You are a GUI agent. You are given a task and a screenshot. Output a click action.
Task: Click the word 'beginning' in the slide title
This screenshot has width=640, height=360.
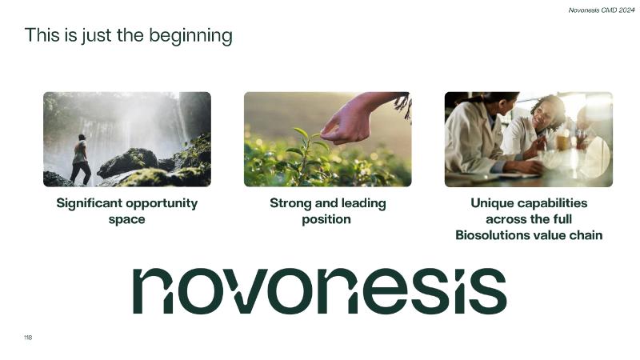[x=190, y=36]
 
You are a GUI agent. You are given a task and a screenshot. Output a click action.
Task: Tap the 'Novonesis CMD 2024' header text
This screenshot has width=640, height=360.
[x=602, y=10]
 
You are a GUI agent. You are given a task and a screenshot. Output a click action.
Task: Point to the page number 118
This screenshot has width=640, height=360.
[x=28, y=338]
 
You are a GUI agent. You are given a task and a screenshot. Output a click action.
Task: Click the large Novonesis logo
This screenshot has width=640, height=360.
[x=319, y=291]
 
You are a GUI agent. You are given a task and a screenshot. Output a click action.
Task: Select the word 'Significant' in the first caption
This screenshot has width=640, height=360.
[x=89, y=203]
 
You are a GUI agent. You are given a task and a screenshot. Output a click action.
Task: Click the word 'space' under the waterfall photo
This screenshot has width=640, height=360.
[x=126, y=219]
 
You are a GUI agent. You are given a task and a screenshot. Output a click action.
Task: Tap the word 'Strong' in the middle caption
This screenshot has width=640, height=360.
[x=290, y=203]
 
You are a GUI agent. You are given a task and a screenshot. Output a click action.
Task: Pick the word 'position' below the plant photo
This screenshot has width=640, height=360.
[x=326, y=219]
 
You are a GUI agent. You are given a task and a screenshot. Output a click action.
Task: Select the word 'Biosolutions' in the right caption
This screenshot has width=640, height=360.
[x=490, y=235]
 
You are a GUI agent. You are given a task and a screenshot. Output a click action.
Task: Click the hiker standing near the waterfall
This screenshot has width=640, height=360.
[x=81, y=159]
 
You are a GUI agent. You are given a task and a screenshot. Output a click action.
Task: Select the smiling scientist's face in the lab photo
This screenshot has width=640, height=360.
[x=546, y=115]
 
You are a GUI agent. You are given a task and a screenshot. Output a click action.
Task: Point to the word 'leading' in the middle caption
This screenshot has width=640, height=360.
[x=363, y=203]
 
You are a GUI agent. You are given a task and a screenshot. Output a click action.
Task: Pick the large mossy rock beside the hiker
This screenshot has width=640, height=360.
[x=128, y=162]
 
